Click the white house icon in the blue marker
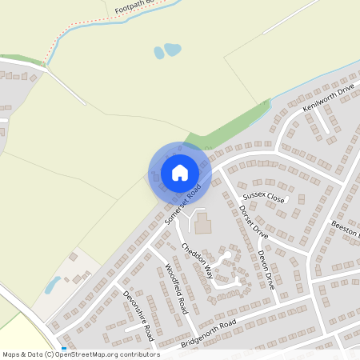coord(180,172)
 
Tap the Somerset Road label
coord(181,206)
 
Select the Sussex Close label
coord(264,195)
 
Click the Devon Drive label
coord(266,269)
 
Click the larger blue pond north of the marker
coord(172,50)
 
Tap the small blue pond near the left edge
coord(53,285)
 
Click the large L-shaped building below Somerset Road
coord(202,222)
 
